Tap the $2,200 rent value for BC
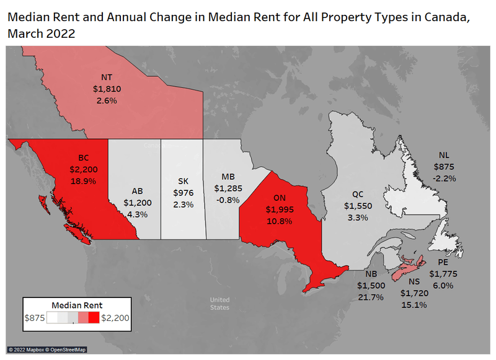point(84,169)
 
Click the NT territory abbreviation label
point(107,77)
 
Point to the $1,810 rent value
point(107,89)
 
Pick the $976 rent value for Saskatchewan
point(184,193)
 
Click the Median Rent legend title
point(77,305)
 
